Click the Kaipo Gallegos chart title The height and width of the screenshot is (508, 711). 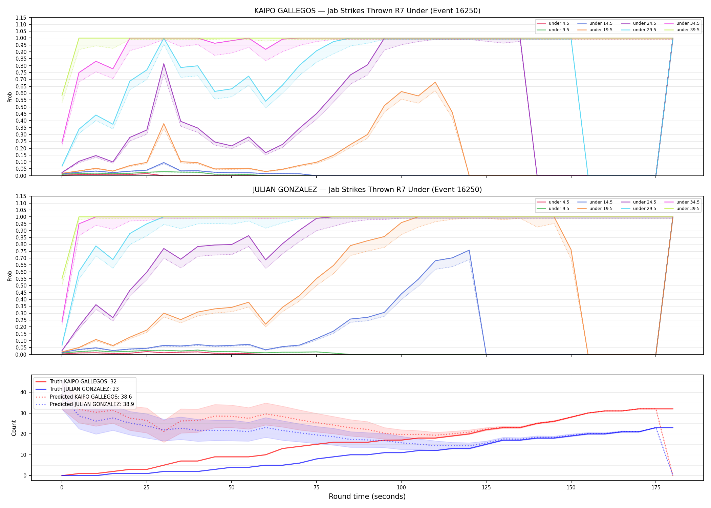click(x=367, y=11)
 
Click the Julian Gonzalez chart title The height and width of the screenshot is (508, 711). click(x=367, y=190)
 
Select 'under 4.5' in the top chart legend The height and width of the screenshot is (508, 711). click(x=559, y=23)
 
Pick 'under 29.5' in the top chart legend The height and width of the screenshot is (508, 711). click(x=644, y=30)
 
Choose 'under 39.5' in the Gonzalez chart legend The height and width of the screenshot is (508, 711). click(x=688, y=209)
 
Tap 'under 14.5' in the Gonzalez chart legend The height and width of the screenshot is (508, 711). click(x=601, y=202)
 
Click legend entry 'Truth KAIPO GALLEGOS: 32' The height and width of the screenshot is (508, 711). click(x=83, y=382)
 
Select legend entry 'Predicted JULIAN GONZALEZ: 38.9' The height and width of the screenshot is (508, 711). click(x=92, y=404)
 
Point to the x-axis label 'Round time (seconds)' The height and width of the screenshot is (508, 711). click(x=367, y=496)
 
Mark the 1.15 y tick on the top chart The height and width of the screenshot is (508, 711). click(x=21, y=18)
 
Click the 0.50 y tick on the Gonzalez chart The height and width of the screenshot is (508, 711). click(x=21, y=286)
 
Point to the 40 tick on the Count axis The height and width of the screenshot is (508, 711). click(x=23, y=393)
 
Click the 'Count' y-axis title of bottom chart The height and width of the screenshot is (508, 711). click(x=14, y=428)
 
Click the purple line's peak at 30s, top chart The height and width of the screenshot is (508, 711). click(x=164, y=64)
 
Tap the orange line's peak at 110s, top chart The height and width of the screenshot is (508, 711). click(x=435, y=82)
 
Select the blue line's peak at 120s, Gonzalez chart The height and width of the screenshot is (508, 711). click(x=469, y=250)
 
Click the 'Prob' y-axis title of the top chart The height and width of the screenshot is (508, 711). click(x=10, y=97)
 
